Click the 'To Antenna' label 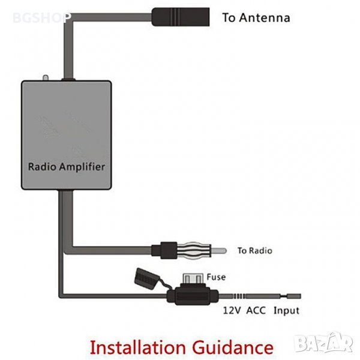click(256, 17)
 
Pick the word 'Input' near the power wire click(286, 311)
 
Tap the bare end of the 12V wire click(295, 296)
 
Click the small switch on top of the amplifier click(45, 78)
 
